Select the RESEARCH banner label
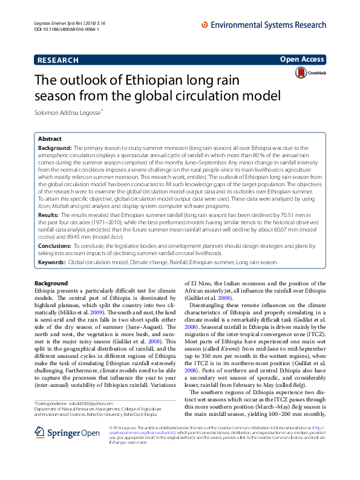(x=58, y=60)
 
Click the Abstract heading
(x=51, y=138)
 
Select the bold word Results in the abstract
(x=48, y=215)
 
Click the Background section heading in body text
(x=51, y=283)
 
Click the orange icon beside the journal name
(x=205, y=25)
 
